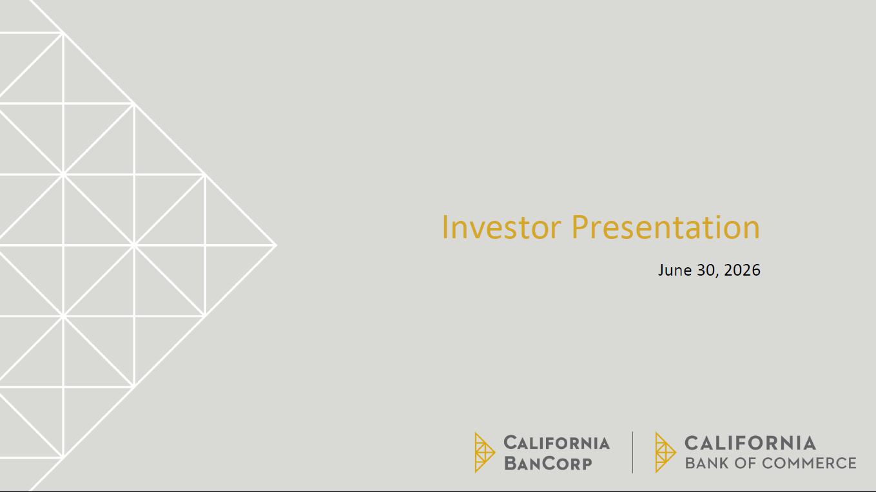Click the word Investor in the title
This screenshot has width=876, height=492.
point(501,227)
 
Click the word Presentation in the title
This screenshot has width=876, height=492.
point(666,227)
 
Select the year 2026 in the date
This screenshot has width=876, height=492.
point(742,270)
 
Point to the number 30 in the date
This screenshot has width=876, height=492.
point(705,270)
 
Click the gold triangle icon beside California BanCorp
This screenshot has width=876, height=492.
point(485,452)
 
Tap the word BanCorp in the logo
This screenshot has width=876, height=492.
point(548,464)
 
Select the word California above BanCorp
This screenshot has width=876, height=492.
point(556,443)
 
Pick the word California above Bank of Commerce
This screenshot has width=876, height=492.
point(750,443)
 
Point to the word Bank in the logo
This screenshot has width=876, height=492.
point(707,463)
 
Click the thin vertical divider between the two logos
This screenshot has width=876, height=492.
point(632,452)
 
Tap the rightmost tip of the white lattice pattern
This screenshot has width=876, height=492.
point(277,245)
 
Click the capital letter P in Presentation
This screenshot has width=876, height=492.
point(580,227)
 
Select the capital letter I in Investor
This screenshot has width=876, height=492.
point(445,227)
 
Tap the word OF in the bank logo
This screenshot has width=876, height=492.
point(745,463)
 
